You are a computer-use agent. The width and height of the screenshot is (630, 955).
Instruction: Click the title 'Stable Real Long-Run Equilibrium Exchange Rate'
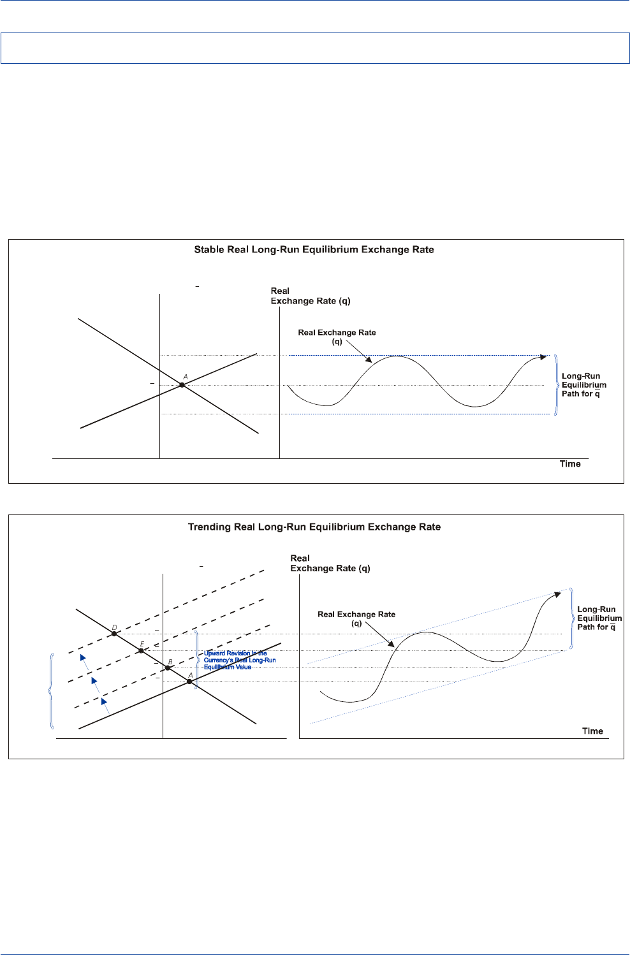coord(314,250)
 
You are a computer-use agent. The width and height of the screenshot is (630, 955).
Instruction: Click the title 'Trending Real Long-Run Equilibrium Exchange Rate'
coord(314,527)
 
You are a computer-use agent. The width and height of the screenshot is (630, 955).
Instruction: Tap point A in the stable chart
coord(182,385)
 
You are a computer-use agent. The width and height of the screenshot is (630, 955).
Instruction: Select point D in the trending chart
coord(114,634)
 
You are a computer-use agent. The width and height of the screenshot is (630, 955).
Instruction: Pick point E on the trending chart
coord(142,651)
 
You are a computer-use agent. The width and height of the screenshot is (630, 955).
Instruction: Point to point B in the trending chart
coord(168,668)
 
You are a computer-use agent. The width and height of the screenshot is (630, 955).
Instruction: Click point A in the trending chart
coord(189,682)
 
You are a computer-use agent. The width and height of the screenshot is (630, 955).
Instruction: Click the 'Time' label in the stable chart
coord(570,464)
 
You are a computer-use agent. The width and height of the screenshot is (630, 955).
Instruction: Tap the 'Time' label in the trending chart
coord(592,731)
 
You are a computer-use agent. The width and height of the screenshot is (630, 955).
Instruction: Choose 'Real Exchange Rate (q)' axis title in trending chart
coord(330,564)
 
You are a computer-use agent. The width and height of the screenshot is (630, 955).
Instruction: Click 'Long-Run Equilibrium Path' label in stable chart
coord(583,385)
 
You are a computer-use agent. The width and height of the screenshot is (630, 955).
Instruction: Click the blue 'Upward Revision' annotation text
coord(239,660)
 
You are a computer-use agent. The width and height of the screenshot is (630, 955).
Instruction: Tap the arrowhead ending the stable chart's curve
coord(543,356)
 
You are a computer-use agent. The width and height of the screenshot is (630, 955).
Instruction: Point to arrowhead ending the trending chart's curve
coord(557,594)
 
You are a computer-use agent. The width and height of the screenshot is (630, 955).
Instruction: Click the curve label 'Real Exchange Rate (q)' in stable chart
coord(337,337)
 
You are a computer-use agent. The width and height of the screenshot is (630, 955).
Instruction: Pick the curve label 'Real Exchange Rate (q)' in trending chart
coord(356,618)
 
